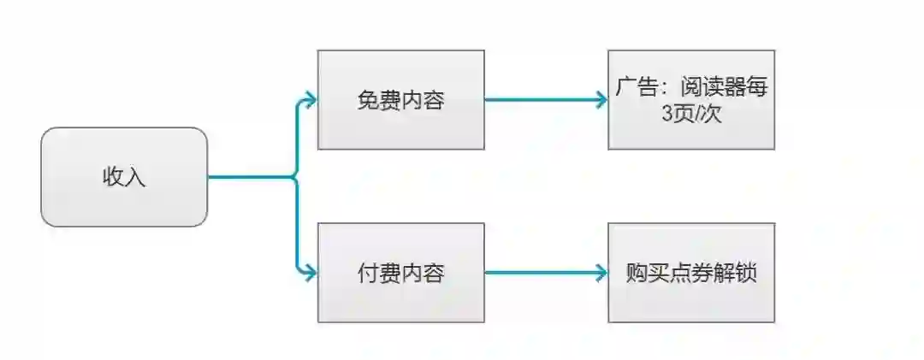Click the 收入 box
pos(124,177)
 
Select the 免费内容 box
pos(400,99)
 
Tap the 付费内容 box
pos(400,273)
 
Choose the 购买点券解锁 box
pos(691,273)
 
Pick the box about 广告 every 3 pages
pos(691,99)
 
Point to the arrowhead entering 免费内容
pos(310,99)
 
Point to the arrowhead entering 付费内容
pos(310,274)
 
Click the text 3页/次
pos(691,114)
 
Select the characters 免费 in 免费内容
pos(378,100)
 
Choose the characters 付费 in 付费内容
pos(378,274)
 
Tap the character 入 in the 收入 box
pos(135,178)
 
